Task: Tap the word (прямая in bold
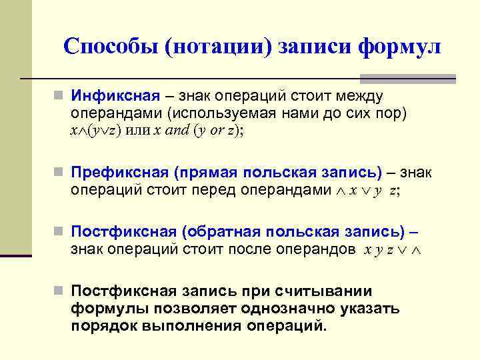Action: coord(205,173)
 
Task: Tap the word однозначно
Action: coord(294,309)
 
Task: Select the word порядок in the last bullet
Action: coord(103,326)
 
